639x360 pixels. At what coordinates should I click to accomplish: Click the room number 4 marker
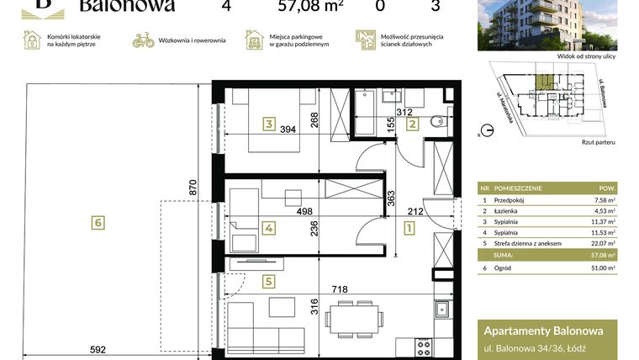268,227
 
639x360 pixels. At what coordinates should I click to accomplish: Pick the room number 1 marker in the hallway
409,227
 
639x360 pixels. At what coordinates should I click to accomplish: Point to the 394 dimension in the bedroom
289,129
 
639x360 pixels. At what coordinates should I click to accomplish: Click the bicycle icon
144,40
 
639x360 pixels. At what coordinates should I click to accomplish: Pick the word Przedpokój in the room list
510,200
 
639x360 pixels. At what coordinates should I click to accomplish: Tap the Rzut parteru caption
598,142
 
